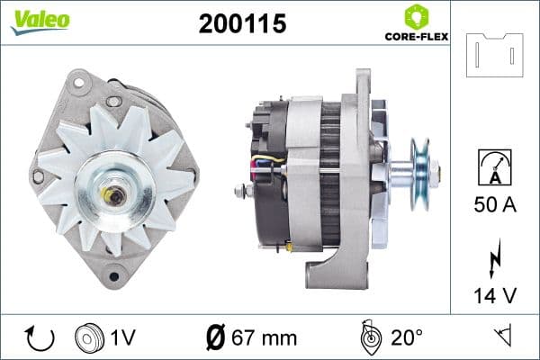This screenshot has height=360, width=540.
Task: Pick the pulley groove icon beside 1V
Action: tap(88, 337)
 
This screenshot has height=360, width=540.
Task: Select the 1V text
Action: tap(123, 337)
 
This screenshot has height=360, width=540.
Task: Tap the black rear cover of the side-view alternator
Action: tap(270, 180)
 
